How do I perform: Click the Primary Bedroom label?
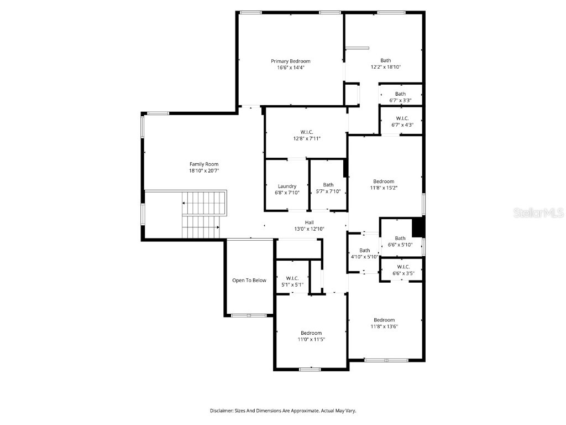pos(290,61)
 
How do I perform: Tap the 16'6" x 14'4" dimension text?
pos(290,68)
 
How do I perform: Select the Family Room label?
pos(204,164)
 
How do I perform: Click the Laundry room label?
pos(287,186)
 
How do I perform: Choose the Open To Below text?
pos(249,281)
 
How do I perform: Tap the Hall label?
pos(309,222)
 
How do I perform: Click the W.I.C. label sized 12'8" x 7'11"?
pos(307,132)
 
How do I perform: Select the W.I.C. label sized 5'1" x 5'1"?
pos(292,278)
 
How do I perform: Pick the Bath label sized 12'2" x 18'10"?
pos(385,60)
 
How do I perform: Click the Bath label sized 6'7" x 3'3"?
pos(400,94)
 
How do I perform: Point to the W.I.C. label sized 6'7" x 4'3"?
pos(402,118)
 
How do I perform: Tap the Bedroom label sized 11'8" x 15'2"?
pos(384,182)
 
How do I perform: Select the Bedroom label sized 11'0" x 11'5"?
pos(311,333)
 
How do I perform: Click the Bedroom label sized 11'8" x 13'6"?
pos(384,320)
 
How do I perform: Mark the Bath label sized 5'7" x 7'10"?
pos(328,185)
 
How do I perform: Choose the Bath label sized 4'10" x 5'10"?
pos(364,250)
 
